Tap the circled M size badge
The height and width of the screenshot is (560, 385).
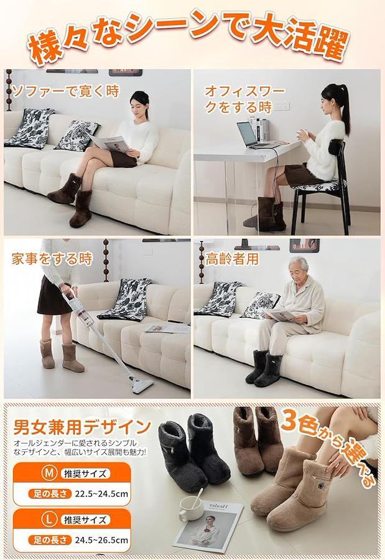coord(49,473)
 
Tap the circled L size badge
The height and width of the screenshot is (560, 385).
coord(49,519)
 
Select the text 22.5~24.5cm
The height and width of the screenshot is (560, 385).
coord(101,493)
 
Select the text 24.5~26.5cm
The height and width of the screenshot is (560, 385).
coord(101,539)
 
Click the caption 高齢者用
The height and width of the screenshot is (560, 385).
coord(232,259)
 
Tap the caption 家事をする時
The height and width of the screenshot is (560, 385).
coord(52,259)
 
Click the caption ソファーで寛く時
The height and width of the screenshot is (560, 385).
coord(65,91)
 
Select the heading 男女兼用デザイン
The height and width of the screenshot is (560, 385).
coord(82,426)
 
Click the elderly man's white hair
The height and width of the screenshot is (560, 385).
coord(300,262)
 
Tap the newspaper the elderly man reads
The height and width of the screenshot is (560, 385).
coord(281,315)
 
